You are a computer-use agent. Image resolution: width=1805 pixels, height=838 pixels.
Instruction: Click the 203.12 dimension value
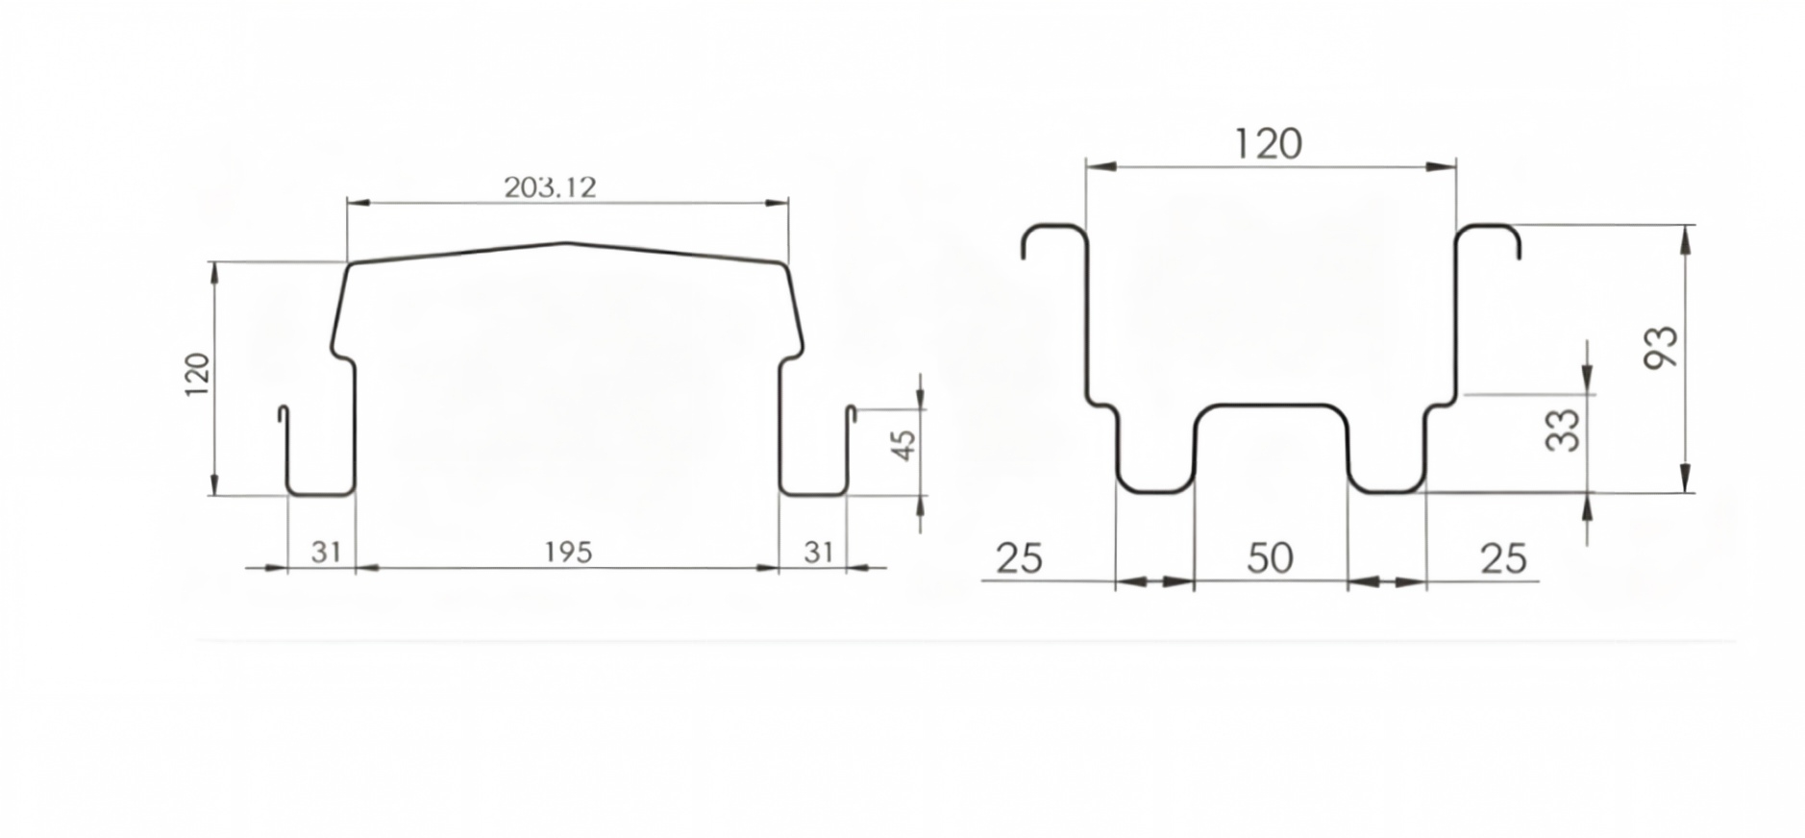tap(550, 186)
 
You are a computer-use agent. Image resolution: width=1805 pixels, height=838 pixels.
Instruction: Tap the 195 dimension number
tap(568, 553)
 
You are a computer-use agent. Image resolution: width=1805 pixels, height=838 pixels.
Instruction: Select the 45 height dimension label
tap(904, 444)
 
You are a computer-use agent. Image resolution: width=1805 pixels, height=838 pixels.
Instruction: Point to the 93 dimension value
tap(1662, 347)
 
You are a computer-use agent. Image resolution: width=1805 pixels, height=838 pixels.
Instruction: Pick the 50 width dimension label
tap(1270, 558)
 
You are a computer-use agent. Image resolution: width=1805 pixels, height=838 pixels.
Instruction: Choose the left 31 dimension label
tap(327, 553)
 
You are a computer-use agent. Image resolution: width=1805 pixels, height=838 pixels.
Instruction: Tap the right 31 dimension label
tap(818, 553)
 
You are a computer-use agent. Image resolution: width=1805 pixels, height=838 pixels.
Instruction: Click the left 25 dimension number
tap(1019, 558)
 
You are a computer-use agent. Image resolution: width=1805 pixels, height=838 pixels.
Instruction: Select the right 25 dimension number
tap(1503, 558)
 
